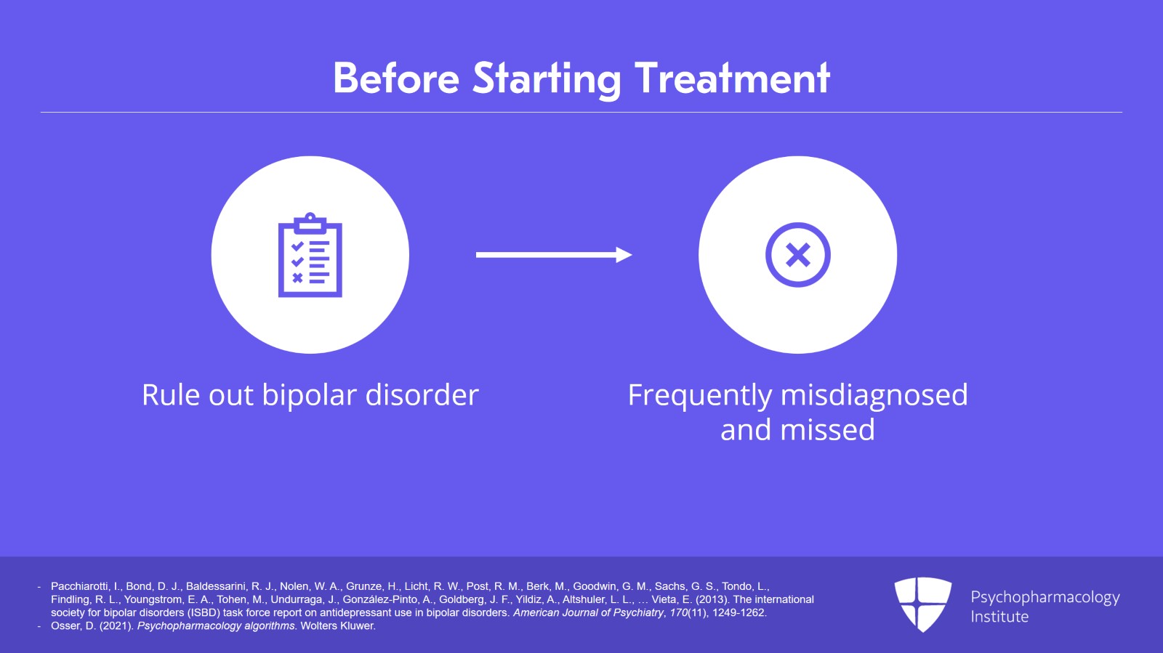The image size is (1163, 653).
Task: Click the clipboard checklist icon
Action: [310, 255]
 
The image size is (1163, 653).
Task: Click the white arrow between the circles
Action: [554, 255]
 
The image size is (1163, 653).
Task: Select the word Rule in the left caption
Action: [171, 394]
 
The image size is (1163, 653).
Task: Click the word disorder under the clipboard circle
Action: [422, 394]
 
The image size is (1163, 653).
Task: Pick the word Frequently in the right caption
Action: [700, 397]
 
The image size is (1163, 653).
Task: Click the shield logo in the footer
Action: [922, 604]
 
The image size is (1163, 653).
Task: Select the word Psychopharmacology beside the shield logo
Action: [1045, 598]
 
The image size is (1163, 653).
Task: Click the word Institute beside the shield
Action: [999, 617]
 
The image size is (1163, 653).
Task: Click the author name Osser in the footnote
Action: [65, 625]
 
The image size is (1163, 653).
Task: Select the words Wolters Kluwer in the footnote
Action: [338, 625]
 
